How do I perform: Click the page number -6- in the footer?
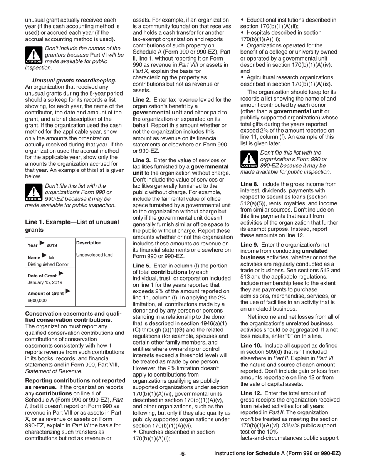click(x=183, y=454)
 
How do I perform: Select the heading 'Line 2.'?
click(x=142, y=100)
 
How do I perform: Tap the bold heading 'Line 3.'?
click(x=142, y=160)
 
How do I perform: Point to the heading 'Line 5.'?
click(x=142, y=266)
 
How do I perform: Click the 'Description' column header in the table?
click(x=89, y=243)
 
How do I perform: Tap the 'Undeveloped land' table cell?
click(x=94, y=255)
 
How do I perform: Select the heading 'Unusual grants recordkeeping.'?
click(x=74, y=81)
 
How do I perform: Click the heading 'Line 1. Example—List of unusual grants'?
click(x=72, y=225)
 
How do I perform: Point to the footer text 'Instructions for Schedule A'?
click(x=277, y=454)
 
